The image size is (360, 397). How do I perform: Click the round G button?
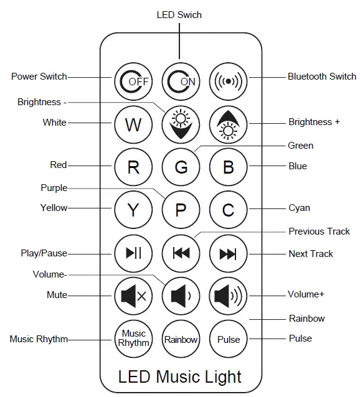(x=180, y=167)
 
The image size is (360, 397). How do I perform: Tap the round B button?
(x=228, y=167)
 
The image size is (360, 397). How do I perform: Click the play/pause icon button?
(x=133, y=253)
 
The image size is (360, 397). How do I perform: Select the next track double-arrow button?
(x=228, y=253)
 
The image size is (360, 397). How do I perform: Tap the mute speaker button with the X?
(x=133, y=296)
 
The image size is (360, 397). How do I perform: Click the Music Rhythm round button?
(x=133, y=339)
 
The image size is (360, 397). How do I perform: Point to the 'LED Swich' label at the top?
(x=179, y=14)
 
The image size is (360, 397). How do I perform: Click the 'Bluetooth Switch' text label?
(x=321, y=77)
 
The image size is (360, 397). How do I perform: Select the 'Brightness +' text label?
(x=314, y=122)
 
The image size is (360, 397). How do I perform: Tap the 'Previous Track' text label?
(x=319, y=231)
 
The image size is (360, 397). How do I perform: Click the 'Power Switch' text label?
(x=39, y=77)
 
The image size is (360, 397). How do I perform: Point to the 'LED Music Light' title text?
(x=180, y=376)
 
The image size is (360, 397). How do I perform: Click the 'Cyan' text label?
(x=299, y=208)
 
